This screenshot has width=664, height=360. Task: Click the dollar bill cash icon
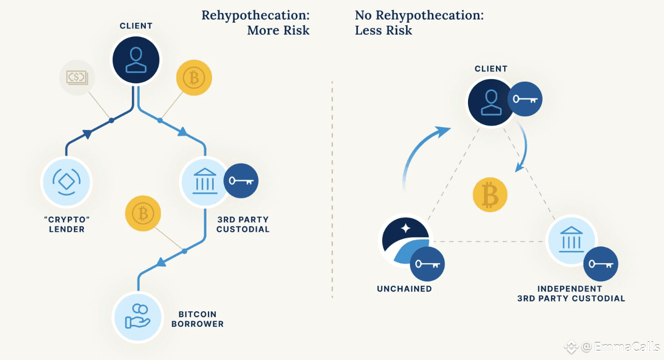pyautogui.click(x=78, y=78)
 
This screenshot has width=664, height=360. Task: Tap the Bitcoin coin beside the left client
pyautogui.click(x=194, y=79)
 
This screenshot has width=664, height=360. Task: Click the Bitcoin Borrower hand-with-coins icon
pyautogui.click(x=138, y=317)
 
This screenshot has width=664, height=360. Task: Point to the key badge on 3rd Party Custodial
pyautogui.click(x=240, y=181)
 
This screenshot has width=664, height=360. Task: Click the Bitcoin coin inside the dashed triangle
pyautogui.click(x=490, y=195)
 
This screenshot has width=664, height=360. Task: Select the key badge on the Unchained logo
pyautogui.click(x=427, y=264)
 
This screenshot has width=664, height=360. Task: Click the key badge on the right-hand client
pyautogui.click(x=525, y=99)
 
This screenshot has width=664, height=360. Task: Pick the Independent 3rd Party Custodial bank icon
pyautogui.click(x=571, y=239)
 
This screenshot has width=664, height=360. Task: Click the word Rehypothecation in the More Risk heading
pyautogui.click(x=255, y=15)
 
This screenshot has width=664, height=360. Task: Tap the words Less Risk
pyautogui.click(x=383, y=31)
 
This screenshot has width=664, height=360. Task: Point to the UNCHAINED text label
pyautogui.click(x=404, y=289)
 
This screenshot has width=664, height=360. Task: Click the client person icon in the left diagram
pyautogui.click(x=136, y=60)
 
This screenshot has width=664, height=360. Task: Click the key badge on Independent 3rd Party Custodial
pyautogui.click(x=600, y=264)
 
